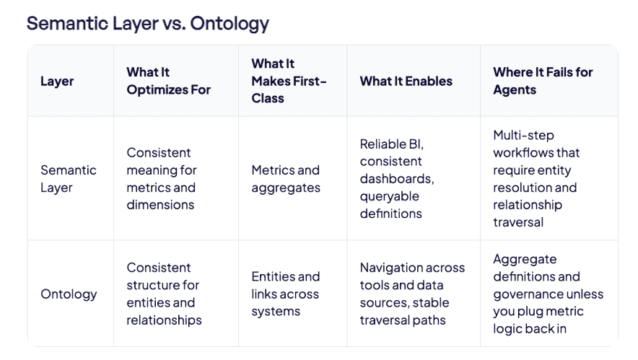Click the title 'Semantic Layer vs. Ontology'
point(147,23)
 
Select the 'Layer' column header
point(57,81)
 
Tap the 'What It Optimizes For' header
point(168,81)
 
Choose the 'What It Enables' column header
point(406,81)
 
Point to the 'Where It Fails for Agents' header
point(543,81)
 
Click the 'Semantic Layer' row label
point(68,179)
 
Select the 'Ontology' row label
point(68,294)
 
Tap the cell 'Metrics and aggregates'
point(285,179)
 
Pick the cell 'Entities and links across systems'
point(285,294)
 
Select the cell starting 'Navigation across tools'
point(412,294)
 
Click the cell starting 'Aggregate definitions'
point(548,294)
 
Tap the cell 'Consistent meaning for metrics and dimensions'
point(162,179)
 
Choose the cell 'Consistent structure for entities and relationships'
point(163,294)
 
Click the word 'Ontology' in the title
point(230,23)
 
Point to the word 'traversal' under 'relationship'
point(518,222)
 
